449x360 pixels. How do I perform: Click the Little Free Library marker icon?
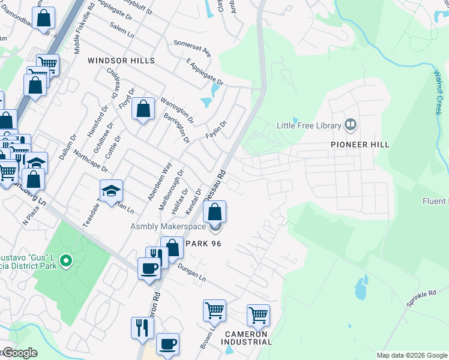[x=351, y=125]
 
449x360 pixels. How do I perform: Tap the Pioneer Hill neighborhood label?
[x=360, y=145]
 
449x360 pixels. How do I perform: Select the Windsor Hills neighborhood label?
[x=121, y=61]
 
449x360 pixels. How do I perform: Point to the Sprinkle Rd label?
[x=420, y=299]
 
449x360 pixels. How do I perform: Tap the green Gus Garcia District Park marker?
[x=67, y=262]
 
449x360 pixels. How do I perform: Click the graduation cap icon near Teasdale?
[x=111, y=191]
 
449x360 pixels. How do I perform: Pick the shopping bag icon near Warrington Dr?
[x=143, y=110]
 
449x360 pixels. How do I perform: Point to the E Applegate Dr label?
[x=205, y=71]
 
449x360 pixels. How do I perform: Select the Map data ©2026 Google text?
[x=412, y=355]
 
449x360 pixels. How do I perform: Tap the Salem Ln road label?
[x=122, y=31]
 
